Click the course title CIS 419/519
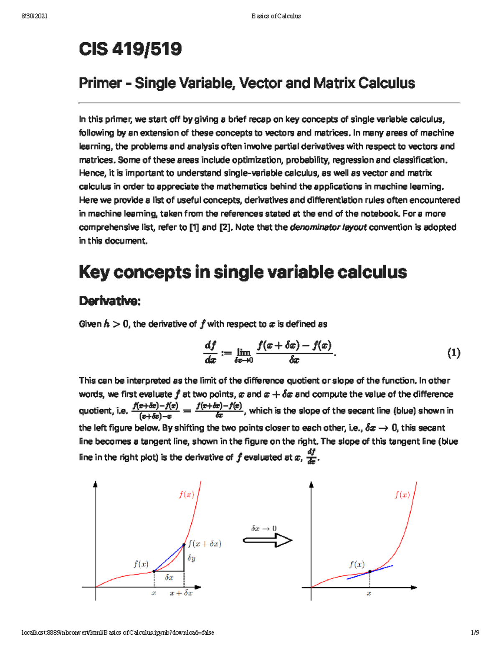(x=130, y=49)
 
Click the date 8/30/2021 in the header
(x=34, y=16)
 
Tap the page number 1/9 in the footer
(x=475, y=633)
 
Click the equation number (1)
(x=453, y=353)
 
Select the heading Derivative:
(x=109, y=301)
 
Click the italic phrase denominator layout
(x=328, y=227)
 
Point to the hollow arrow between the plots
(x=268, y=540)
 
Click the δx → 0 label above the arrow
(x=263, y=528)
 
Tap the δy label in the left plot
(x=191, y=558)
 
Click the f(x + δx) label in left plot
(x=204, y=544)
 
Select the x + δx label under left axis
(x=181, y=593)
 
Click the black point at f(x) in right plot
(x=370, y=572)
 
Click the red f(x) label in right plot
(x=402, y=495)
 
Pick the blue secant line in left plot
(x=169, y=558)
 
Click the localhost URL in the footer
(x=118, y=633)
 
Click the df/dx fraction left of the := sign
(x=210, y=352)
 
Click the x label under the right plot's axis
(x=369, y=593)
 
